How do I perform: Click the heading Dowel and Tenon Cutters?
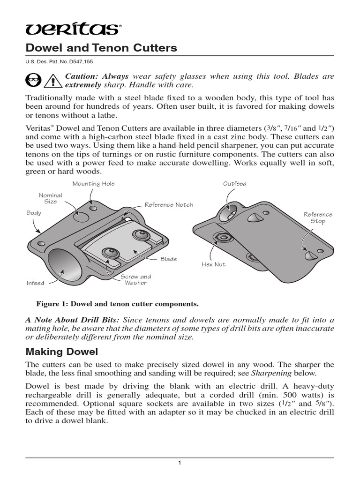101,48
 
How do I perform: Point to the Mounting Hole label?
93,184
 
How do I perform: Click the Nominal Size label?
51,198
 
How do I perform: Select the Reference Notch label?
169,205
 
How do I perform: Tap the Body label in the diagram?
34,213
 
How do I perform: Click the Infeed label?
35,283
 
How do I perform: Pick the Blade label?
168,259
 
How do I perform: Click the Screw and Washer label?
136,279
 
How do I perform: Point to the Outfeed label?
235,184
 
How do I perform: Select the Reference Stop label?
318,217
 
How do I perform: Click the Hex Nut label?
214,265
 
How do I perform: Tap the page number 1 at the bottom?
180,464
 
